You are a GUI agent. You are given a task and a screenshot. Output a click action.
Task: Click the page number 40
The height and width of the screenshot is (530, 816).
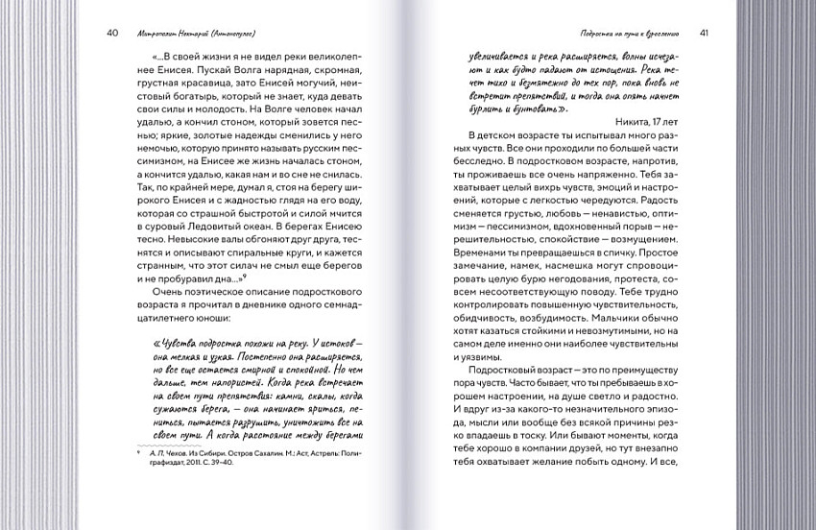point(112,33)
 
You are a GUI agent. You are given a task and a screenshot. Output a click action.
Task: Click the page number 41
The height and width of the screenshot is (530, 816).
point(705,33)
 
